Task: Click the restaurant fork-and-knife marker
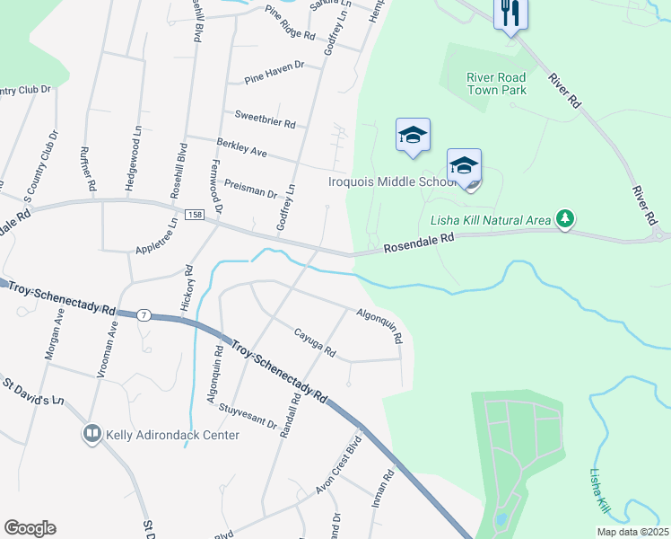(511, 13)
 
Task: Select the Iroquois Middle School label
(393, 181)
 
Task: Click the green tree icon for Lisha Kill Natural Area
(565, 218)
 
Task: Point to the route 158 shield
(195, 216)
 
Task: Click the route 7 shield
(143, 315)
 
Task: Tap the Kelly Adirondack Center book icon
(91, 435)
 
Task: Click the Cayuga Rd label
(314, 342)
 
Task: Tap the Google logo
(30, 528)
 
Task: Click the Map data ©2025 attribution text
(632, 532)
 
